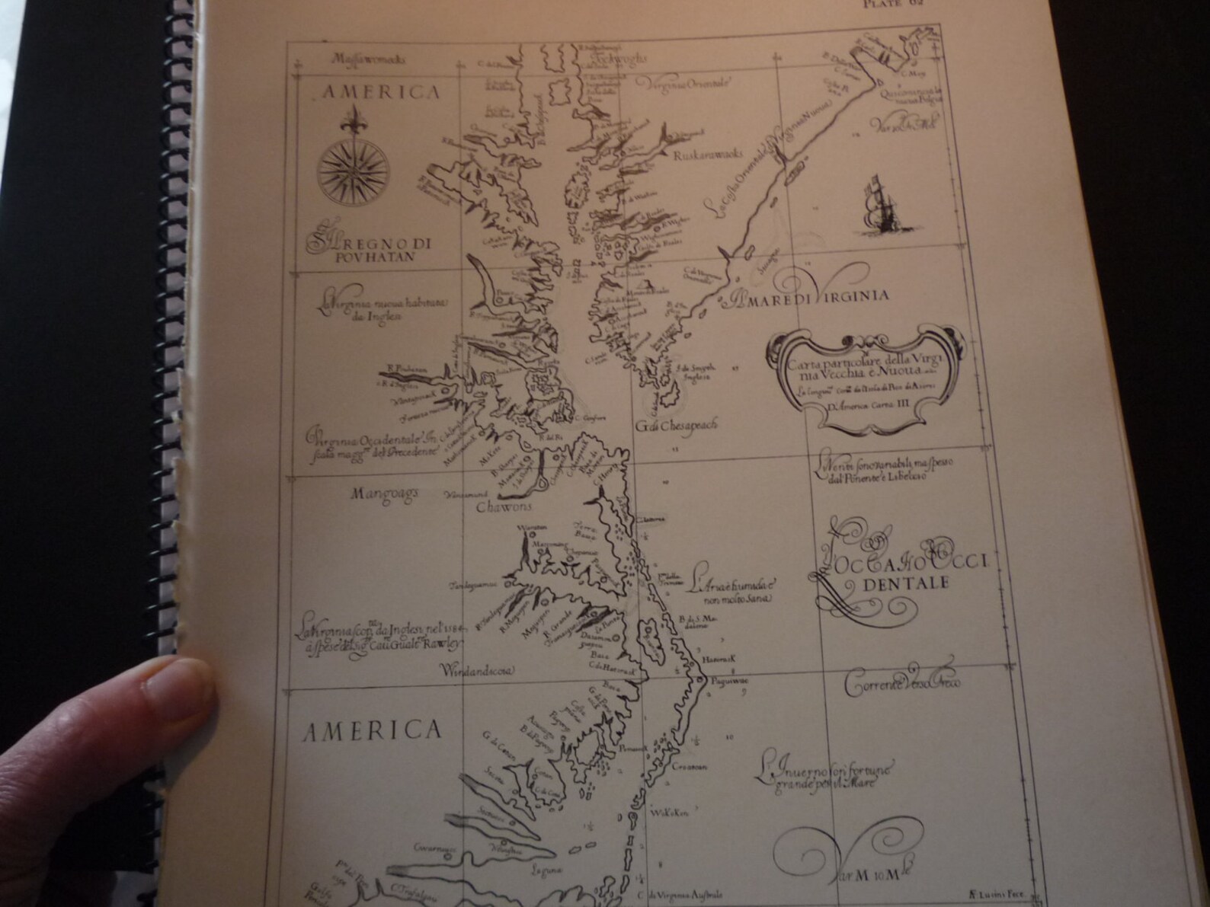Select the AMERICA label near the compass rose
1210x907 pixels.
(380, 93)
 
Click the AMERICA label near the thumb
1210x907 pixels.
(372, 731)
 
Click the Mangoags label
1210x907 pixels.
(385, 493)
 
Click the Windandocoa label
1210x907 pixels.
(478, 671)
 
